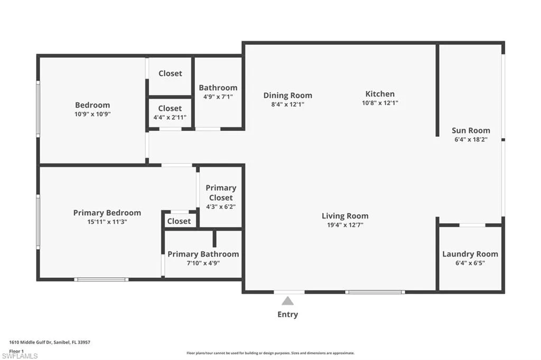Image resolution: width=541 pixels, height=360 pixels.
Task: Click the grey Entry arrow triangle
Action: [x=288, y=301]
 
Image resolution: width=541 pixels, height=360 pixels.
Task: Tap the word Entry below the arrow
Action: [x=288, y=315]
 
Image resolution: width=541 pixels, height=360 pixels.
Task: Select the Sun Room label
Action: [x=471, y=130]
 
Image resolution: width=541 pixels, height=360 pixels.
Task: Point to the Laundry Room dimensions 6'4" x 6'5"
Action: [x=470, y=263]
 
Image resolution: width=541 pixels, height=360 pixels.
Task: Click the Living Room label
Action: [x=345, y=216]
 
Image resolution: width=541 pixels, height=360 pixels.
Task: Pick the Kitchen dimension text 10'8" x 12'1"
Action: [x=380, y=103]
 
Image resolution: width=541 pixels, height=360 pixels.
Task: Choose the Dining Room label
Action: [x=288, y=96]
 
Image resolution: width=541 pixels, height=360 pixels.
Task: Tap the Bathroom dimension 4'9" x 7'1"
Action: [x=218, y=97]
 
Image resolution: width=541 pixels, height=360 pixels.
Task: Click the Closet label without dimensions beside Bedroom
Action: [x=170, y=73]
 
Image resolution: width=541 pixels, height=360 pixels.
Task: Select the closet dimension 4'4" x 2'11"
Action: [x=170, y=117]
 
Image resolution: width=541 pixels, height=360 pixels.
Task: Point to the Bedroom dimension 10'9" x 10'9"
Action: [x=92, y=114]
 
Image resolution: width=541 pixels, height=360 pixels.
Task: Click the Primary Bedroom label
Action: [x=107, y=213]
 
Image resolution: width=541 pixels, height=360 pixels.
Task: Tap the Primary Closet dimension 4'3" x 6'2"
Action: [x=221, y=207]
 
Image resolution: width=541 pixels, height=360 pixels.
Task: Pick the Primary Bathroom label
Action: [x=203, y=254]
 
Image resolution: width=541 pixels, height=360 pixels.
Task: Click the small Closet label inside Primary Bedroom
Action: [x=179, y=221]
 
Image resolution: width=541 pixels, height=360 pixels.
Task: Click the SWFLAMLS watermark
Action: [x=20, y=356]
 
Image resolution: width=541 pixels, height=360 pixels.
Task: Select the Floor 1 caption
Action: [x=16, y=351]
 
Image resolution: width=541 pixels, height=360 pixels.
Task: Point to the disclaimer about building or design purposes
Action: [x=270, y=353]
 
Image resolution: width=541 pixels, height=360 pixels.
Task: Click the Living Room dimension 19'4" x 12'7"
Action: [x=345, y=225]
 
